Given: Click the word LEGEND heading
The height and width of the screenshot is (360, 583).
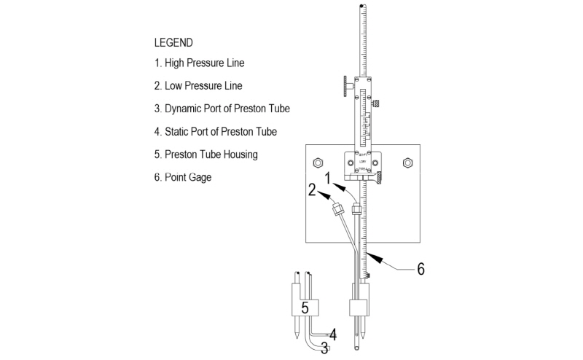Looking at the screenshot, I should click(x=173, y=42).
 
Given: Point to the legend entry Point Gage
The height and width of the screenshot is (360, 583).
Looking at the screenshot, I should click(x=182, y=177).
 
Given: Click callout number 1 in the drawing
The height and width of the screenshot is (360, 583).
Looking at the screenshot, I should click(x=329, y=177).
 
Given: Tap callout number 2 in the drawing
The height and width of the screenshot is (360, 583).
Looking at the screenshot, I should click(x=312, y=191).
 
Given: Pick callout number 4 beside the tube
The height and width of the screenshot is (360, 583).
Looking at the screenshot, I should click(x=332, y=334).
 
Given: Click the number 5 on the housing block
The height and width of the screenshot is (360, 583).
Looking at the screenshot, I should click(x=306, y=307).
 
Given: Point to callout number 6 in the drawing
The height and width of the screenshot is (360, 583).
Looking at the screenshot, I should click(x=420, y=269).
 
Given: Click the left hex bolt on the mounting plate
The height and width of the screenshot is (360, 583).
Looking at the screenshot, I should click(x=318, y=161).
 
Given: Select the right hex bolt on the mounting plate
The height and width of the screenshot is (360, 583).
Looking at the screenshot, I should click(x=407, y=161).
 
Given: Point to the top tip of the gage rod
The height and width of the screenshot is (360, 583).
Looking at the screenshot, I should click(x=362, y=7).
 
